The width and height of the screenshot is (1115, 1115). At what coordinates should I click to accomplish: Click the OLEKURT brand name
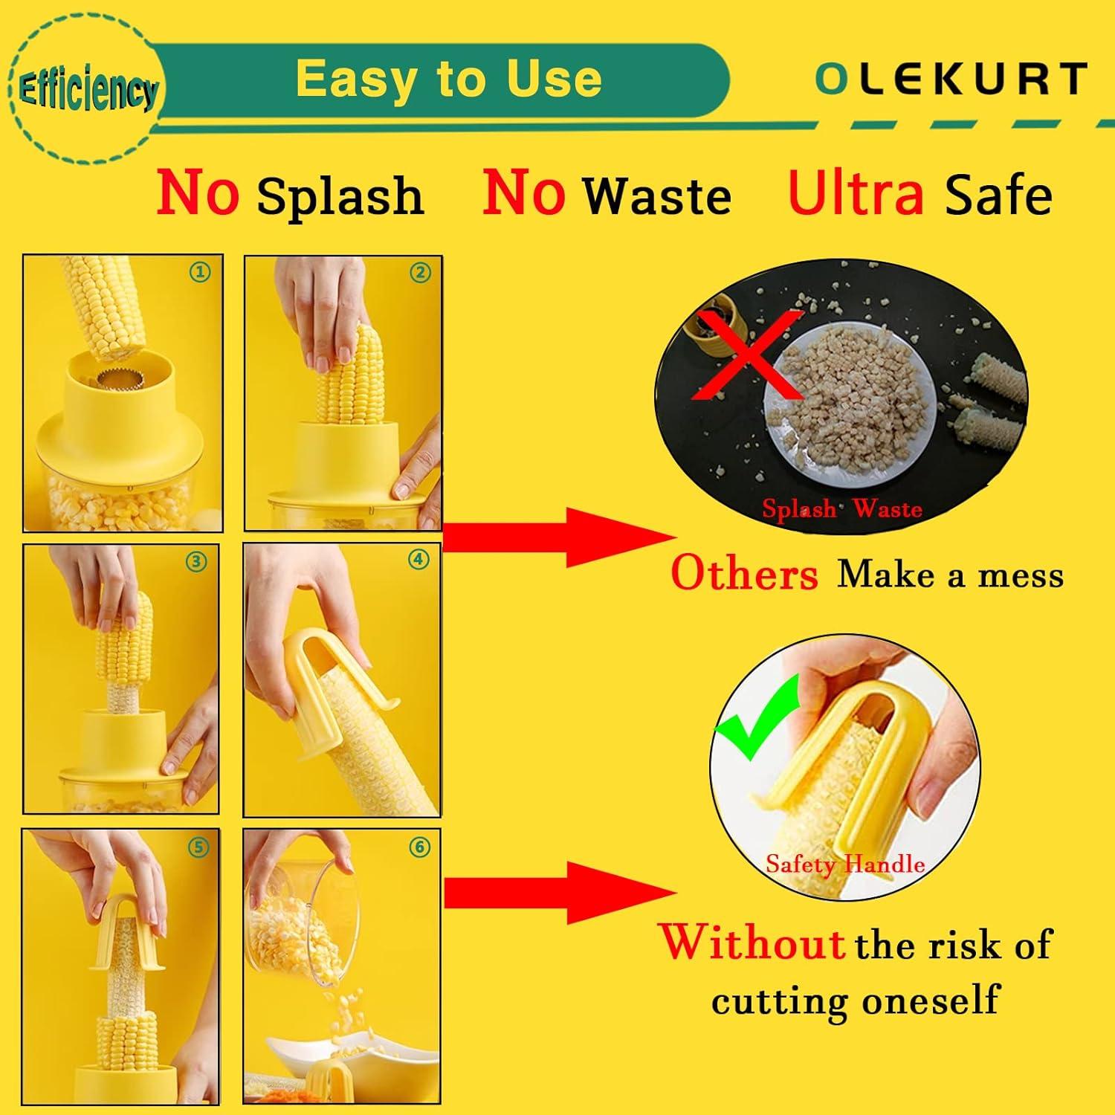pyautogui.click(x=951, y=79)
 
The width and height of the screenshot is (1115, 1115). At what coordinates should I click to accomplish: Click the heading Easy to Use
pyautogui.click(x=448, y=79)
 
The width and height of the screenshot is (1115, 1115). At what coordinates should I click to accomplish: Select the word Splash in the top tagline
pyautogui.click(x=340, y=196)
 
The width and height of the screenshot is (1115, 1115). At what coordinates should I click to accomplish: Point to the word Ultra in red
pyautogui.click(x=856, y=193)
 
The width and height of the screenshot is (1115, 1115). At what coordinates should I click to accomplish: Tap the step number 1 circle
pyautogui.click(x=198, y=272)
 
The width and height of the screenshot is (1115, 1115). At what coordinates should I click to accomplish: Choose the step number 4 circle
pyautogui.click(x=419, y=559)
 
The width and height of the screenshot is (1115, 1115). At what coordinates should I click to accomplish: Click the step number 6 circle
pyautogui.click(x=420, y=847)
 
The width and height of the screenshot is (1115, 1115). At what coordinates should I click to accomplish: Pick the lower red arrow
pyautogui.click(x=557, y=891)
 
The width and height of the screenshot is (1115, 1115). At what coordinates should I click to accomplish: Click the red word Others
pyautogui.click(x=744, y=575)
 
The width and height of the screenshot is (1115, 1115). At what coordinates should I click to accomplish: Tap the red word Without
pyautogui.click(x=752, y=943)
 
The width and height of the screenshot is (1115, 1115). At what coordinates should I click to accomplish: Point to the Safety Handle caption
pyautogui.click(x=845, y=864)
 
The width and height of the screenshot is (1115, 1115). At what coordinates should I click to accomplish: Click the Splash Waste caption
pyautogui.click(x=841, y=508)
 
